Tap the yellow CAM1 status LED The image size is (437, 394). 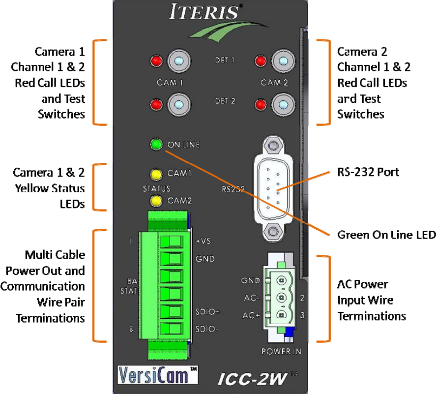coord(157,174)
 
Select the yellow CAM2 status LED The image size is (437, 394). coord(157,201)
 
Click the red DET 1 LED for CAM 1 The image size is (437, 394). coord(157,61)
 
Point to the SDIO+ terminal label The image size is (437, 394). coord(207,312)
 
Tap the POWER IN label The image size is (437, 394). coord(281,351)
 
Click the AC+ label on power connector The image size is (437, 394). coord(251,315)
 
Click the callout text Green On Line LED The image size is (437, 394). coord(386,235)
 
